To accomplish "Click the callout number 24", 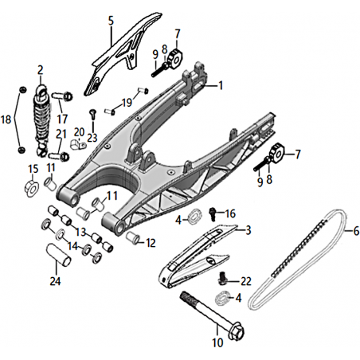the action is point(55,281).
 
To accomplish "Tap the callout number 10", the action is point(217,342).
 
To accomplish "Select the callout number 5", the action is point(111,21).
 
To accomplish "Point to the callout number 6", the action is point(356,231).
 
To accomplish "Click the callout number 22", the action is point(246,281).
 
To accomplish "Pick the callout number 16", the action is point(230,213).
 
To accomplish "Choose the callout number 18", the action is point(6,119).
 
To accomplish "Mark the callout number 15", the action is point(33,169).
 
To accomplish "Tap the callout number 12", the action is point(151,243).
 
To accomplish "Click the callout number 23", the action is point(92,138).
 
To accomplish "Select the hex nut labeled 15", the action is point(32,188).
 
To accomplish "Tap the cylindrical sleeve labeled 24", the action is point(59,255).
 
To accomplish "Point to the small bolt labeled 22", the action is point(223,279).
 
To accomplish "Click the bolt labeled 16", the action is point(213,213).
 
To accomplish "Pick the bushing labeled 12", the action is point(134,237).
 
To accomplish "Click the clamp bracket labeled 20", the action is point(78,144).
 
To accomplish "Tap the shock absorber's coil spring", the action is point(41,119).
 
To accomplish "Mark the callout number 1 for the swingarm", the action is point(220,85).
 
